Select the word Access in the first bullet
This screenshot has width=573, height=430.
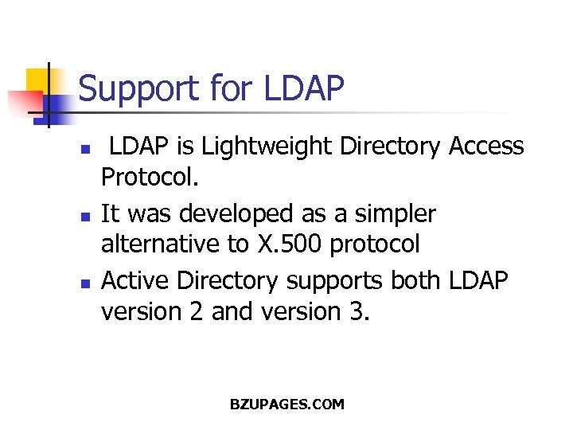(486, 147)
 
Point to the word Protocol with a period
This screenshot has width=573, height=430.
(149, 176)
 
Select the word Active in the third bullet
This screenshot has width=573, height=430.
(136, 281)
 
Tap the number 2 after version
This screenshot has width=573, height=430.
(199, 311)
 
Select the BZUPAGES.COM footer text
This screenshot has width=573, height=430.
(286, 404)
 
